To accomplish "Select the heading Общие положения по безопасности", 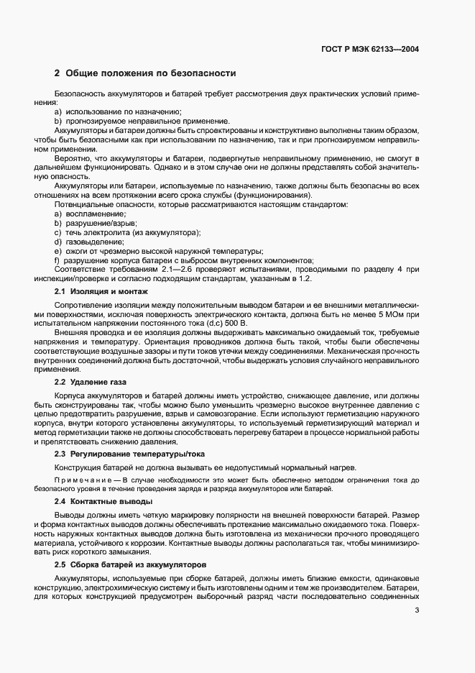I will coord(144,73).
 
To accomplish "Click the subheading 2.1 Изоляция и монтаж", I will coord(101,291).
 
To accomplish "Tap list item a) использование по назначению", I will coord(118,111).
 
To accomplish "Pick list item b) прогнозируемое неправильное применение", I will coord(142,121).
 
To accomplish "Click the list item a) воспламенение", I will coord(91,214).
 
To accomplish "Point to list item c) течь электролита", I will coord(127,233).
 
